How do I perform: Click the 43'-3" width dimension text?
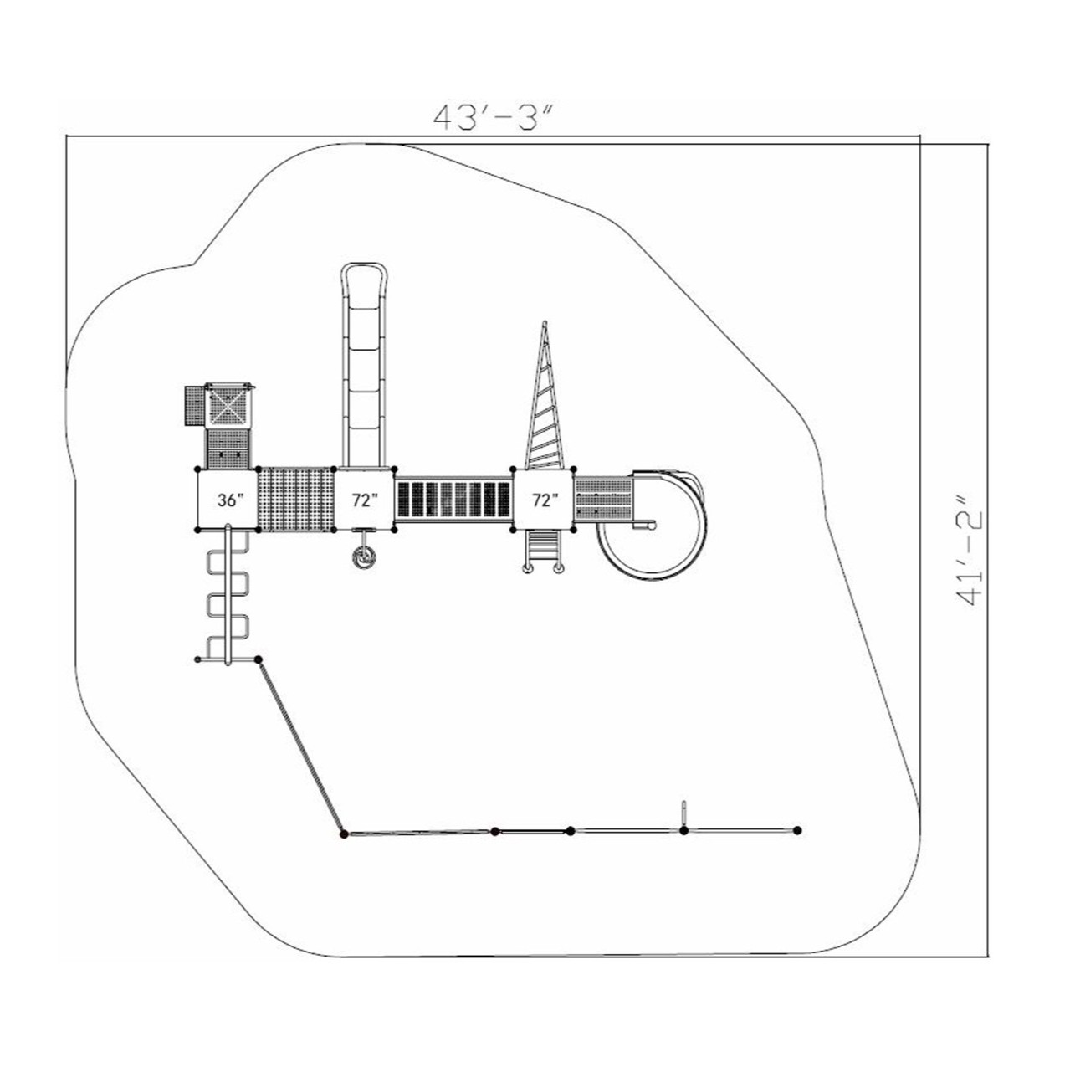494,115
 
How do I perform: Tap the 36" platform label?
230,500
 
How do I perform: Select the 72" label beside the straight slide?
365,500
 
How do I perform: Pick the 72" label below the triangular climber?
544,500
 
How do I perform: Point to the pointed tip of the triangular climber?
545,324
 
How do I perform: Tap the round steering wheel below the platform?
363,557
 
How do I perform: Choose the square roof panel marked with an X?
228,408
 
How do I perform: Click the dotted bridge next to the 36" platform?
295,500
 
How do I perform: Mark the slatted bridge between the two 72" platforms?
453,500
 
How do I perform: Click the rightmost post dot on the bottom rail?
796,830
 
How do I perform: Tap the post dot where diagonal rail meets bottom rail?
344,833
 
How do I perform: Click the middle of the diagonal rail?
301,746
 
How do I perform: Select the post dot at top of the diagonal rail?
259,659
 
